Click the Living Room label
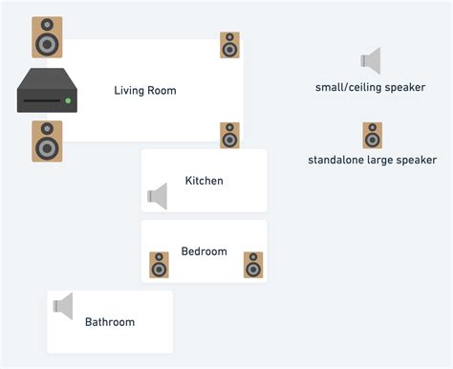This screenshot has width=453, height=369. click(x=145, y=91)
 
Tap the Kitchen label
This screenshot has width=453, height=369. click(x=204, y=181)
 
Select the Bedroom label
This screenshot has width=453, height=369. click(x=204, y=251)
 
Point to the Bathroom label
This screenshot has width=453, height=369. click(x=110, y=322)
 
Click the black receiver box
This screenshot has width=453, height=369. click(x=46, y=94)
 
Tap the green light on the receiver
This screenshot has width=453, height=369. click(x=68, y=100)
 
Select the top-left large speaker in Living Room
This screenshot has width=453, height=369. click(x=47, y=36)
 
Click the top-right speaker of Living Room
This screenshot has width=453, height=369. click(x=229, y=45)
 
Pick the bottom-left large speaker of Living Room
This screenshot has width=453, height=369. click(x=47, y=141)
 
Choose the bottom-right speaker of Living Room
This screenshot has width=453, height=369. click(x=229, y=135)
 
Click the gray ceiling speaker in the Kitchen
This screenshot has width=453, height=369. click(x=158, y=197)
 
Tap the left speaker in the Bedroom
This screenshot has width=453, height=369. click(x=159, y=265)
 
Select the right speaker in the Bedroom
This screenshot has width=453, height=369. click(x=252, y=265)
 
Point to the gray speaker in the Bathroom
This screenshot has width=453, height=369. click(x=63, y=307)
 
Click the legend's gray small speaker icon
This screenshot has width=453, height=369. click(x=371, y=61)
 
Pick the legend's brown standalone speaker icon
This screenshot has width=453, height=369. click(x=372, y=135)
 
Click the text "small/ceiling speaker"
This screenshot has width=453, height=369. click(x=370, y=88)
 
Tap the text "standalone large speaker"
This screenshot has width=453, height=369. click(x=372, y=161)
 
